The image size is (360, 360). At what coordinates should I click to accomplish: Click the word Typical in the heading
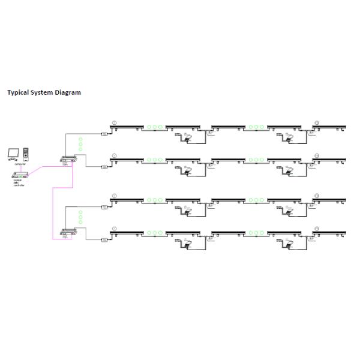click(17, 93)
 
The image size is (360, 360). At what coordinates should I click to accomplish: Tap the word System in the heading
click(41, 93)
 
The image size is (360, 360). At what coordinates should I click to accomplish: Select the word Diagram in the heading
click(67, 93)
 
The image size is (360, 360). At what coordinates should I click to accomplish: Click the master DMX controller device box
click(20, 175)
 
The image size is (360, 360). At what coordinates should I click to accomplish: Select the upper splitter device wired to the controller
click(67, 159)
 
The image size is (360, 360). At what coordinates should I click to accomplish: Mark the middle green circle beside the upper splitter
click(80, 145)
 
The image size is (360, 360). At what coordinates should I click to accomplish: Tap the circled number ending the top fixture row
click(317, 123)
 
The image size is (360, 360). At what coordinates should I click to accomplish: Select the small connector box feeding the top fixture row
click(104, 133)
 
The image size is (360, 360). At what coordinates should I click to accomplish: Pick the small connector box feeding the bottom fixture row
click(104, 239)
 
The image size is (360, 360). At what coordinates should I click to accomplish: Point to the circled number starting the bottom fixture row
click(115, 229)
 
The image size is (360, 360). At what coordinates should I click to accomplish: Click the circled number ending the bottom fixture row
click(317, 229)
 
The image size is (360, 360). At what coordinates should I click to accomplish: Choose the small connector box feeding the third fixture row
click(104, 207)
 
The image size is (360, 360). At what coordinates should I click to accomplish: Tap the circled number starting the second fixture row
click(115, 155)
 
